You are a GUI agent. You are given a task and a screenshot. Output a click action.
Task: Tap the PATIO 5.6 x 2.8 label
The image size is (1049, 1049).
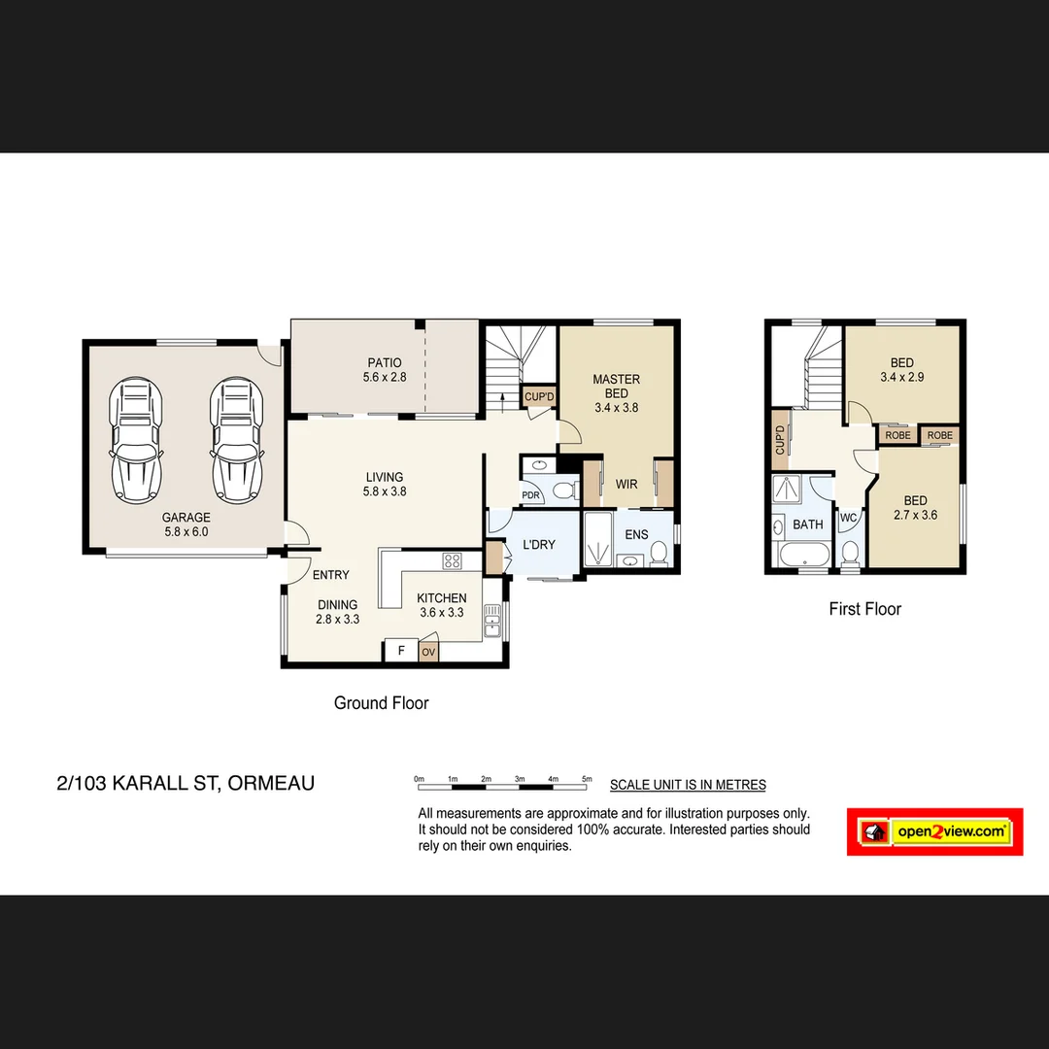coord(382,370)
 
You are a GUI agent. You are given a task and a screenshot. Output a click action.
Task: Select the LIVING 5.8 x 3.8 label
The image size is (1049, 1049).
coord(385,484)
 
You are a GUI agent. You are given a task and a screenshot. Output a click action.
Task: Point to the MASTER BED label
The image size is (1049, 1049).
coord(616,387)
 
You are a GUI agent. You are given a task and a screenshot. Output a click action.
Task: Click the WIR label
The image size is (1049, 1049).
coord(626,484)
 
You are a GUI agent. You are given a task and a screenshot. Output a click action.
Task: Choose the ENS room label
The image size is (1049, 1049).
coord(636,535)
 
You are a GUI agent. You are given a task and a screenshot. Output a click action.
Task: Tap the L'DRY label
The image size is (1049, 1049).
coord(539,545)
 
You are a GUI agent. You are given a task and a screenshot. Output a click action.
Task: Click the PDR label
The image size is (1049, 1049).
coord(530,495)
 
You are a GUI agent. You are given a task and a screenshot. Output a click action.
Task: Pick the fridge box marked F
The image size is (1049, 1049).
coord(400,651)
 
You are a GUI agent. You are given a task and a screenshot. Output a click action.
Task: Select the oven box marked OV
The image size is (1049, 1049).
coord(428,652)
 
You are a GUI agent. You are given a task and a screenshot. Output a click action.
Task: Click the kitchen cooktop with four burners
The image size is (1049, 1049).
coord(453,560)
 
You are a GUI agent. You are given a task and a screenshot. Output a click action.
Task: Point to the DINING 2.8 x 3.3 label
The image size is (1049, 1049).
coord(338,611)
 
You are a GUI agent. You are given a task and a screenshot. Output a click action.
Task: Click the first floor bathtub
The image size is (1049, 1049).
coord(803,557)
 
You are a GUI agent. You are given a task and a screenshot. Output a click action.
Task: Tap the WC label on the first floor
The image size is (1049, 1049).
coord(848,518)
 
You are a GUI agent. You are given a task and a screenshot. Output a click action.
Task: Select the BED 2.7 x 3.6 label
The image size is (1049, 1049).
coord(915,508)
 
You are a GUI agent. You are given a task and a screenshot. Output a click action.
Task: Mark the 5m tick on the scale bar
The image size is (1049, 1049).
coord(587,779)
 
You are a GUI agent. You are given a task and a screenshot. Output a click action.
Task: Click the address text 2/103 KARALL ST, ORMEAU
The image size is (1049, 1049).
coord(186,783)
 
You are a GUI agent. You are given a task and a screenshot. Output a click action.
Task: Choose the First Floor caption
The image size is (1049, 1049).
coord(864,609)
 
